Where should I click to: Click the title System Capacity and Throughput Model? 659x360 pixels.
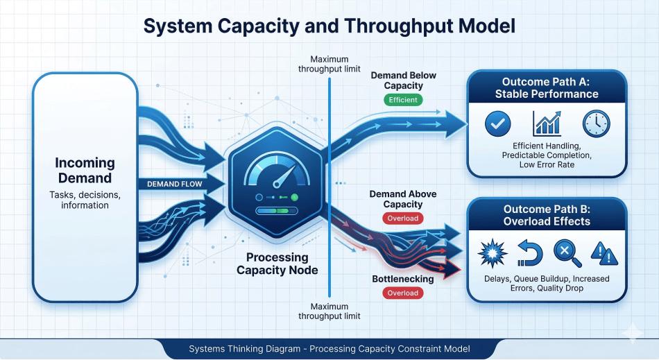(x=329, y=26)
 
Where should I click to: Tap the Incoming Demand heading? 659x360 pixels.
(x=85, y=170)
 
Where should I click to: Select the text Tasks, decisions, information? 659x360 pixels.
(x=85, y=200)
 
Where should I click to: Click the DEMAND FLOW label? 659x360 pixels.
(x=173, y=184)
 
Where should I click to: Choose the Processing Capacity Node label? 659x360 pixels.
(x=277, y=264)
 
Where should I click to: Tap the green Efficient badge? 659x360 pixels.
(x=403, y=100)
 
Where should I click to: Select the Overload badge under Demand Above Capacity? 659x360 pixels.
(x=402, y=218)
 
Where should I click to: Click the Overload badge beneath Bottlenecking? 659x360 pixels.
(x=402, y=293)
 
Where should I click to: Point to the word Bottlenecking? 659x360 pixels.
(x=402, y=279)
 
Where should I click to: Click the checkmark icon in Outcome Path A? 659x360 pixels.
(x=497, y=124)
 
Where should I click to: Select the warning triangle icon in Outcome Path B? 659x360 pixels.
(x=604, y=254)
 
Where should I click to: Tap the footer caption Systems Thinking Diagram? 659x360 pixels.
(x=329, y=349)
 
